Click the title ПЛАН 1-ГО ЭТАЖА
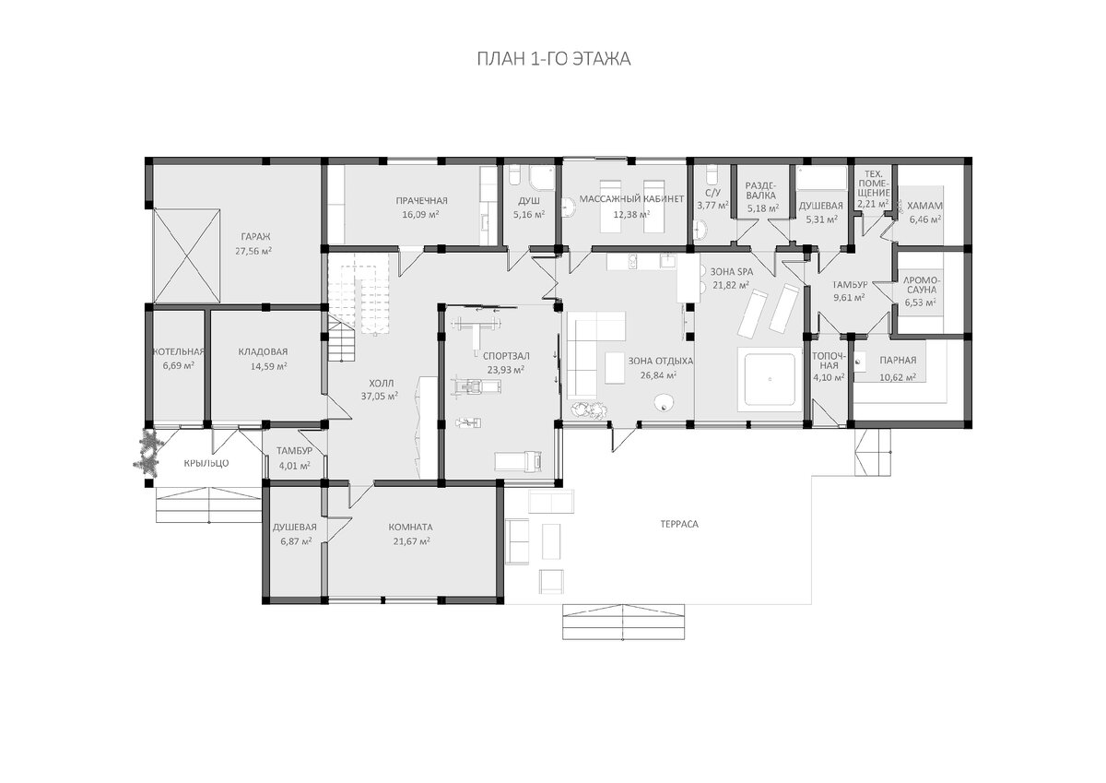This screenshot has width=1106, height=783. pos(554,59)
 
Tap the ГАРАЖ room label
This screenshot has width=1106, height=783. pos(256,237)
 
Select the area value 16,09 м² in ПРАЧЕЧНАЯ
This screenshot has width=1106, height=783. pos(420,214)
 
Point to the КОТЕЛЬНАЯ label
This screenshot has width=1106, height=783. pos(178,351)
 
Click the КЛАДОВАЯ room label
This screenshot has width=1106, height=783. pos(263,351)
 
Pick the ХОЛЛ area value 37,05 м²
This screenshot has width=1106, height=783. pos(380,396)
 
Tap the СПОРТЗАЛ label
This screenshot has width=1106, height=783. pos(506,356)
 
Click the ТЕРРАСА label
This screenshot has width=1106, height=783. pos(679,524)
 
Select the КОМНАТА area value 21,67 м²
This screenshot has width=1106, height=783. pos(411,541)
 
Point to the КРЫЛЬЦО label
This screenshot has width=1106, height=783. pos(206,463)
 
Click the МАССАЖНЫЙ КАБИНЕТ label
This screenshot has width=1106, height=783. pos(631,199)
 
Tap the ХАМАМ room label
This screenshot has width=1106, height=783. pos(924,206)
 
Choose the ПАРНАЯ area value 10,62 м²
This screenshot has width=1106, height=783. pos(898,377)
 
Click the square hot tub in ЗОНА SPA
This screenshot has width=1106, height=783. pos(770,379)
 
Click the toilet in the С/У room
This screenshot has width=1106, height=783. pos(711,175)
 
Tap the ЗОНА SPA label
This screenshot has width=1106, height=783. pos(732,272)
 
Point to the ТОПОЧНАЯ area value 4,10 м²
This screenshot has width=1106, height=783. pos(829,377)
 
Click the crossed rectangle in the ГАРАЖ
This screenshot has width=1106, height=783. pos(186,255)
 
